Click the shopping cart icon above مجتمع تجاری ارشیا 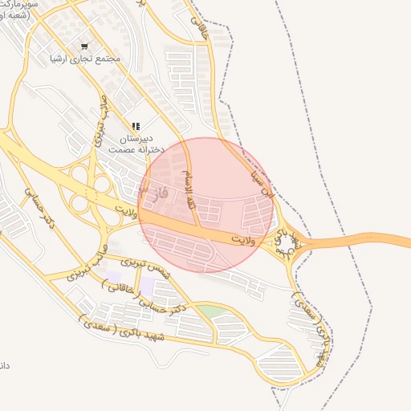click(85, 46)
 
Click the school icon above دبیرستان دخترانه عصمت click(136, 126)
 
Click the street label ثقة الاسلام click(189, 176)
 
